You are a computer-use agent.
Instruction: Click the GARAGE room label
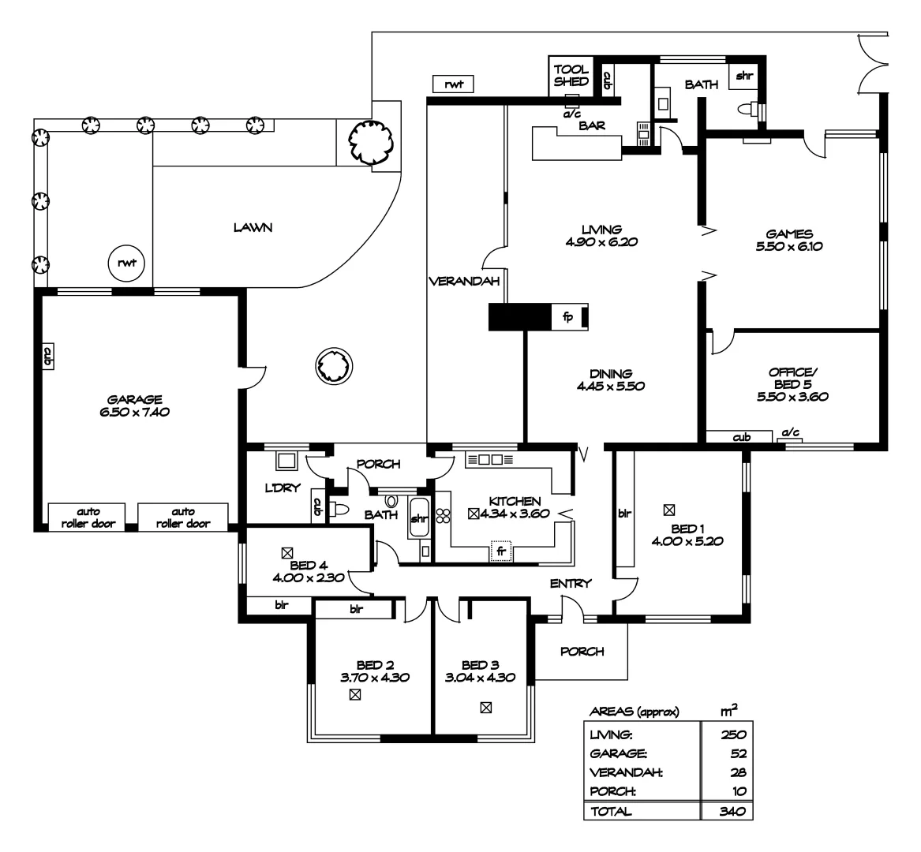134,399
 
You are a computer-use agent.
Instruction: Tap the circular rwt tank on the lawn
126,263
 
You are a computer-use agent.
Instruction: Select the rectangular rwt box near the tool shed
453,84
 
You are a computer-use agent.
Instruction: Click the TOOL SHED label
571,75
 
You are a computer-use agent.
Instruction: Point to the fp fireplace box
568,317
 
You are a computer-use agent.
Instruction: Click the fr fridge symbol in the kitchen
501,551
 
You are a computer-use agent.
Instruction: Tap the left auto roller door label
88,518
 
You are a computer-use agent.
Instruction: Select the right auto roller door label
182,518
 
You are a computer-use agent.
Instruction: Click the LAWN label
253,227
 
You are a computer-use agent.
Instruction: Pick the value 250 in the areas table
733,734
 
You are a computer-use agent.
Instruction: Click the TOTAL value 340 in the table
733,812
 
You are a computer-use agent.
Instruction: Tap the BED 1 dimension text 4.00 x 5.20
687,541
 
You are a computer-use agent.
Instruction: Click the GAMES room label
789,234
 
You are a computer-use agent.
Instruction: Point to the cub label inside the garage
47,357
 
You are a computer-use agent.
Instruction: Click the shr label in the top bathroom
743,76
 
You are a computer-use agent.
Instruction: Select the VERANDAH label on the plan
464,282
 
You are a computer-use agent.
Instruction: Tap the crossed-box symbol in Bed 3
486,708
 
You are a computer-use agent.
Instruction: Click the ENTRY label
571,583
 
